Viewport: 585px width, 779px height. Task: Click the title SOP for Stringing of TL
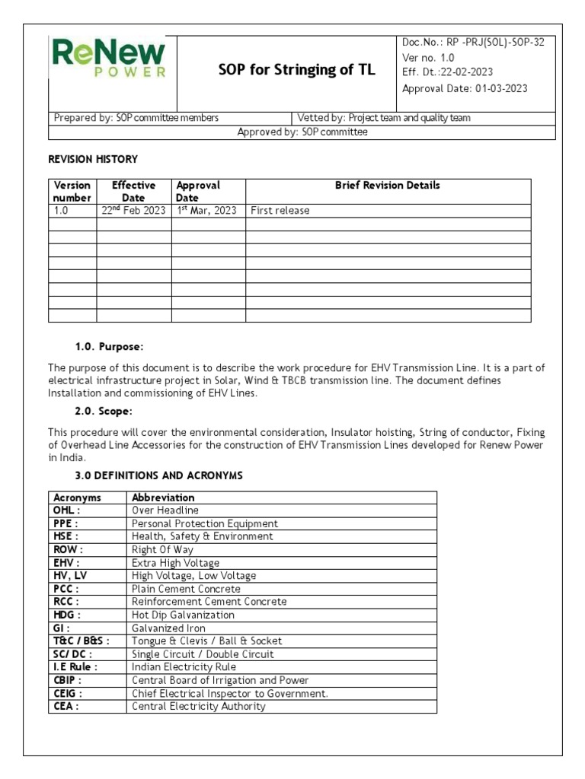pyautogui.click(x=296, y=71)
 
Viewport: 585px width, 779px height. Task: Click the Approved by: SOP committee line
pyautogui.click(x=302, y=132)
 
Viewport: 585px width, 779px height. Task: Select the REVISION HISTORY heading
pyautogui.click(x=93, y=159)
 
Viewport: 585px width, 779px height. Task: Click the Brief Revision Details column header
pyautogui.click(x=387, y=186)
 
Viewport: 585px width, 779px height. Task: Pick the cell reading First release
pyautogui.click(x=280, y=211)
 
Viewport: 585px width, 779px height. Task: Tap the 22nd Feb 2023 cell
pyautogui.click(x=133, y=211)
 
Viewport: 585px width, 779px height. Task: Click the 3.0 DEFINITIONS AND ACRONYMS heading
pyautogui.click(x=159, y=475)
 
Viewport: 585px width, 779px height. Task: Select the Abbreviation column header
pyautogui.click(x=163, y=498)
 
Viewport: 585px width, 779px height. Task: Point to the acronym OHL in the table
pyautogui.click(x=66, y=510)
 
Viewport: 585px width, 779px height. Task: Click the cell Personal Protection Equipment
pyautogui.click(x=205, y=523)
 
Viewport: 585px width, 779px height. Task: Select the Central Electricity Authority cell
pyautogui.click(x=199, y=706)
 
